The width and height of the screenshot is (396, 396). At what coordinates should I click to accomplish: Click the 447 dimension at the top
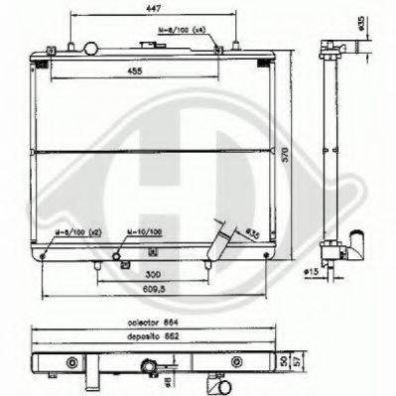pos(151,8)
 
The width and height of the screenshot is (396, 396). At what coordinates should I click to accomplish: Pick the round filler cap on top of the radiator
pos(93,48)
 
